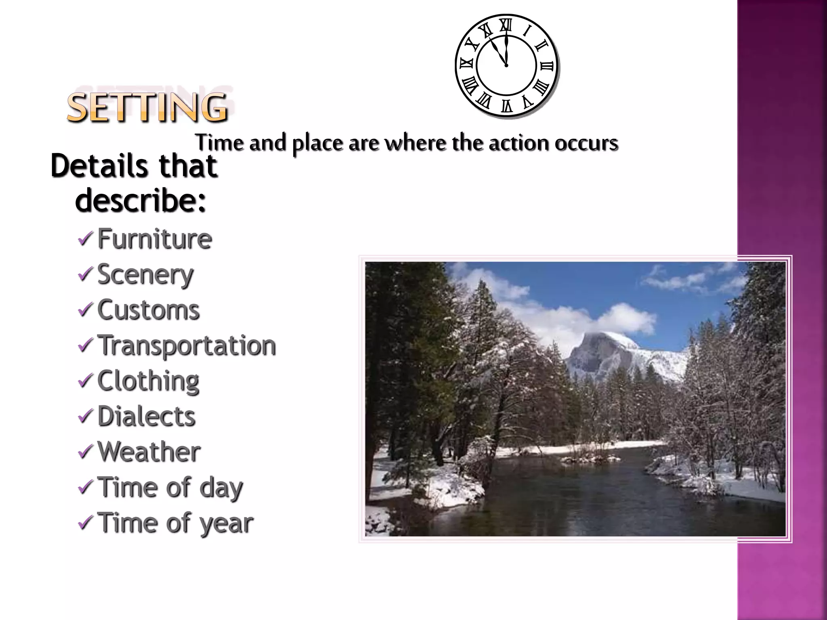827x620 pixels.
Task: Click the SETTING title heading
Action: point(147,107)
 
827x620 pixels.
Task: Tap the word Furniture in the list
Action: point(154,239)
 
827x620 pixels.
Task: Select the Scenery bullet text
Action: point(145,275)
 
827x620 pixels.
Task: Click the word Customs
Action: point(149,310)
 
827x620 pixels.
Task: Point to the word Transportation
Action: point(187,346)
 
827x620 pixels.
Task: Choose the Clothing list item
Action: point(148,381)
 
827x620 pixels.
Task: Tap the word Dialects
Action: point(146,416)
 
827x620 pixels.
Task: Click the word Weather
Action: point(149,452)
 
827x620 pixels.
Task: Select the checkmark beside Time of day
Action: point(86,487)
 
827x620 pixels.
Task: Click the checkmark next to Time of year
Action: point(86,523)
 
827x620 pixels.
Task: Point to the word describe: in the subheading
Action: point(141,201)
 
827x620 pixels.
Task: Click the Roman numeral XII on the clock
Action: point(506,25)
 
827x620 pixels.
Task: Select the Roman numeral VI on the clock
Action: point(507,106)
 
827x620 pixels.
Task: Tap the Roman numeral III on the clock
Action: point(547,66)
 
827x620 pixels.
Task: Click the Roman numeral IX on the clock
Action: point(466,64)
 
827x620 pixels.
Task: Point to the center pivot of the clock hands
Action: point(506,65)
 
